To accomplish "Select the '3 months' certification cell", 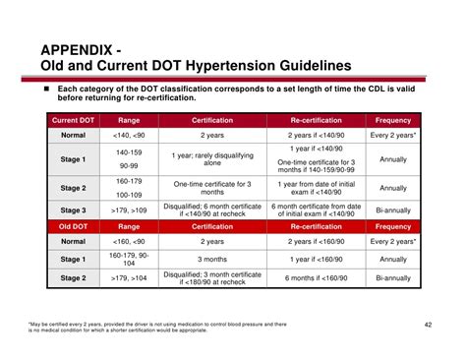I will pyautogui.click(x=212, y=259).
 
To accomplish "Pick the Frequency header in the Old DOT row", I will pyautogui.click(x=393, y=225).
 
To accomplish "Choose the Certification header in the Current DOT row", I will pyautogui.click(x=212, y=120).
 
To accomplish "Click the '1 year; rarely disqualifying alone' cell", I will pyautogui.click(x=212, y=159).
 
